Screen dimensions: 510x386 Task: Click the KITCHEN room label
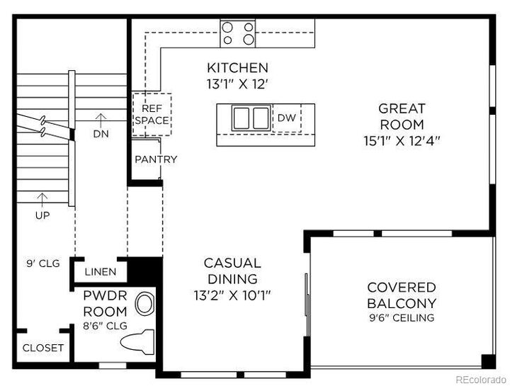[x=237, y=68]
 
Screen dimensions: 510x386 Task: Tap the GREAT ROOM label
[x=402, y=116]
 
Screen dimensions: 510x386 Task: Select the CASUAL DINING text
[x=232, y=271]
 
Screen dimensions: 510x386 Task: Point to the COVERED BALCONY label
[x=402, y=295]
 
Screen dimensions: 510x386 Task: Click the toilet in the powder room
[x=137, y=342]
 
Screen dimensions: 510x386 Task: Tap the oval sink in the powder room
[x=144, y=304]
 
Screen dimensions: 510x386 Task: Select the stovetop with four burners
[x=238, y=33]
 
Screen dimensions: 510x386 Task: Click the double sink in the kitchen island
[x=251, y=118]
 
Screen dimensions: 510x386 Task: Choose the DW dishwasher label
[x=287, y=118]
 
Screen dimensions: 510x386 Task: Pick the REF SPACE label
[x=152, y=114]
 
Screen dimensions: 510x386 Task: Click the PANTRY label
[x=156, y=159]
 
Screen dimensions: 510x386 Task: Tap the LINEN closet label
[x=101, y=271]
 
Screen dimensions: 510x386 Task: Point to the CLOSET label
[x=43, y=348]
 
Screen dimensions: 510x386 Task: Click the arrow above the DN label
[x=101, y=120]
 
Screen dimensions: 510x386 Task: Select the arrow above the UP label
[x=42, y=200]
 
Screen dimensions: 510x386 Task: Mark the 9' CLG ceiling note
[x=43, y=263]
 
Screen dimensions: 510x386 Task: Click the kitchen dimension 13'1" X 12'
[x=237, y=84]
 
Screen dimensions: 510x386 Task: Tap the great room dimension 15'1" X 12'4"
[x=402, y=141]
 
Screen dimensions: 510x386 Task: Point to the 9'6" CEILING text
[x=402, y=317]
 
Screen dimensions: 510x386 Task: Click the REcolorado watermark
[x=481, y=379]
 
